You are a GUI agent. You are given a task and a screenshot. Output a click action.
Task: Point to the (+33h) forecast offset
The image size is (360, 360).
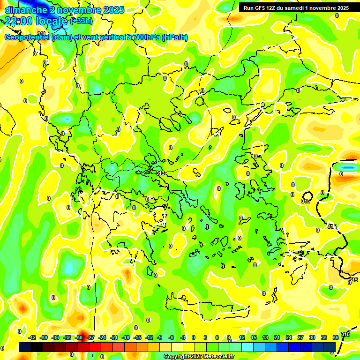[x=81, y=21]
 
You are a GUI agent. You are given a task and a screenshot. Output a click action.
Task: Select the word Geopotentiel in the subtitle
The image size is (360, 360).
[x=27, y=37]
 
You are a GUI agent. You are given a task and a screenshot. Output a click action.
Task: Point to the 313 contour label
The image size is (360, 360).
[x=160, y=173]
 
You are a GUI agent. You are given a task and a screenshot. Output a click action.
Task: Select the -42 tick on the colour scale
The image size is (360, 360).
[x=32, y=337]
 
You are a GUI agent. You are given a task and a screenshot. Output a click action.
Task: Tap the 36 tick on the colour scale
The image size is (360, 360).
[x=336, y=337]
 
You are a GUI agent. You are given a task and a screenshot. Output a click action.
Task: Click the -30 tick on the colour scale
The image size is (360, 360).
[x=79, y=337]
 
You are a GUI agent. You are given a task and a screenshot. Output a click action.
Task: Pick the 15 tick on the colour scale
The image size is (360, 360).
[x=254, y=337]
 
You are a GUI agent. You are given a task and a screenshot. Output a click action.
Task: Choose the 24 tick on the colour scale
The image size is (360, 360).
[x=289, y=337]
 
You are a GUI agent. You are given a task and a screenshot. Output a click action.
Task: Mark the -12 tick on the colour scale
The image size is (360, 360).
[x=149, y=337]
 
